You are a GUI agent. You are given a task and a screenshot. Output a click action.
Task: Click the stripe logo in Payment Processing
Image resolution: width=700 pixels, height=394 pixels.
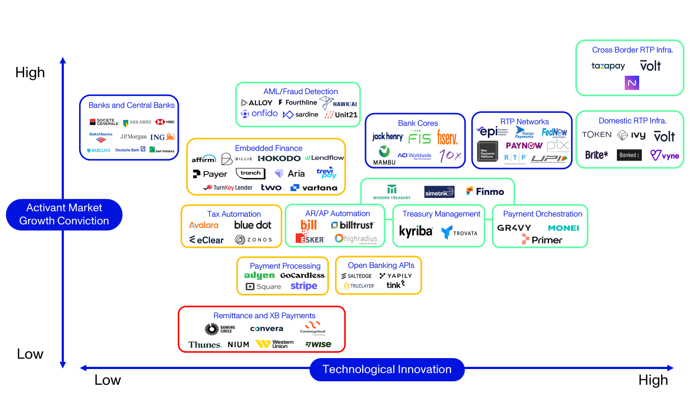(x=304, y=286)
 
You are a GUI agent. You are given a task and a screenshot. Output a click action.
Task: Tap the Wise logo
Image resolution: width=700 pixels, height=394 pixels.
(x=318, y=345)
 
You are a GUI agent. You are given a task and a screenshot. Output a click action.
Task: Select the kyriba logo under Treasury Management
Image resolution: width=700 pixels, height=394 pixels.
(x=416, y=231)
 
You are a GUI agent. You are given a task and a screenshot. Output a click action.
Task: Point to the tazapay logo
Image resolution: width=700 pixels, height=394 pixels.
(x=608, y=66)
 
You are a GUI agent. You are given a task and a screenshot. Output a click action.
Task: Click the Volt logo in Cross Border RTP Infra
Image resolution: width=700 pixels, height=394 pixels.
(x=650, y=66)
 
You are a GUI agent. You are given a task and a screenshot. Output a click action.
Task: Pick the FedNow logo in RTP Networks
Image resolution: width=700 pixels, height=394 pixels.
(x=554, y=132)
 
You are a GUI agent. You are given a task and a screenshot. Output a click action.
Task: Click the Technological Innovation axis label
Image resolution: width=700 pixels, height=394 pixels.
(x=387, y=369)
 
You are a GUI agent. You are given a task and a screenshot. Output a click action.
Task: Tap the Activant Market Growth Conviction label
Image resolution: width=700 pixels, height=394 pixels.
(x=64, y=215)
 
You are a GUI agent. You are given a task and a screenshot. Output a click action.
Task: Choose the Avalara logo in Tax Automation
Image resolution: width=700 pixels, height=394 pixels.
(x=203, y=225)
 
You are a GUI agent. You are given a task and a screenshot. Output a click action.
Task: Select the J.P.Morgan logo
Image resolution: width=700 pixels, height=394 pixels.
(x=133, y=137)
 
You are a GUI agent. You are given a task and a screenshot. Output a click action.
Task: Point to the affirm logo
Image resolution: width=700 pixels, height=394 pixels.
(x=204, y=159)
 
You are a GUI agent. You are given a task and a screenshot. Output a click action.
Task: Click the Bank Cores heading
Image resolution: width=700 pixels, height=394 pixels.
(x=418, y=123)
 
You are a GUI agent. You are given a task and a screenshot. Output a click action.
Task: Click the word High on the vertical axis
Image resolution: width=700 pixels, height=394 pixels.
(x=30, y=72)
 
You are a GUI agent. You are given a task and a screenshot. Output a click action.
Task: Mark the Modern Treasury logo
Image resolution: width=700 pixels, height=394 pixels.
(x=392, y=192)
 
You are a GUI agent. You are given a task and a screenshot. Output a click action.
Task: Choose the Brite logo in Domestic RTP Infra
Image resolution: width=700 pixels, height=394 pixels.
(x=596, y=155)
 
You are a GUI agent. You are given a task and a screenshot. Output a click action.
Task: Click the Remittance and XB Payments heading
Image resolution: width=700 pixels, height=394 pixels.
(x=264, y=316)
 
